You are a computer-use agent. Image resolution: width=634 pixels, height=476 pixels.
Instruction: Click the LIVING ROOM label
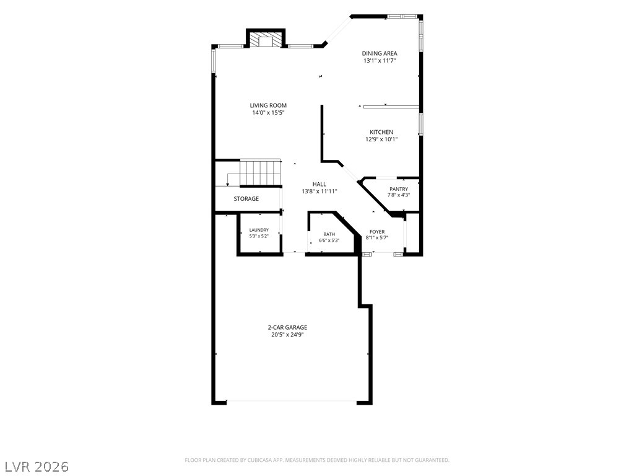[268, 105]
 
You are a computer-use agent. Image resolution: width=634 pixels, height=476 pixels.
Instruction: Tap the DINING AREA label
[380, 53]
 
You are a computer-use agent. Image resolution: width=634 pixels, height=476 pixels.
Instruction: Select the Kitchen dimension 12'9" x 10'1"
[381, 139]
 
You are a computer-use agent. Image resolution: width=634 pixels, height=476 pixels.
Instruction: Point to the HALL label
[319, 184]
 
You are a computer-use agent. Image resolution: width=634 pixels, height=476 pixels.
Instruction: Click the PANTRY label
[399, 189]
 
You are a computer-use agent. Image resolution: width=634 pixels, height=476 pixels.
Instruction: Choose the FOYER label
[377, 232]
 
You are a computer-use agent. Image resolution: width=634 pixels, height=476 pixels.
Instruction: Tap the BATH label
[329, 234]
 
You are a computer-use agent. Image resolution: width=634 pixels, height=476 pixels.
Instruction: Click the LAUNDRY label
[259, 230]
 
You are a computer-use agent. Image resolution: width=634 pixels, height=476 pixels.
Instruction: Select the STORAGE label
[246, 199]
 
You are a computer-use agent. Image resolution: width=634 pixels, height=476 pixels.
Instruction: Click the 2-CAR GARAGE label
[287, 327]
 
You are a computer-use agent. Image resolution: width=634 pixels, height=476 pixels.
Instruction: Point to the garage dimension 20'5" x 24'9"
[287, 335]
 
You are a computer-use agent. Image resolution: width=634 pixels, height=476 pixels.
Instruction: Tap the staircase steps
[261, 172]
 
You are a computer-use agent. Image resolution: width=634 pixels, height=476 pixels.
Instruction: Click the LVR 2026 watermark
[35, 467]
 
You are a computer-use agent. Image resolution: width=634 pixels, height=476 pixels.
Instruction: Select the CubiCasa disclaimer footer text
[317, 461]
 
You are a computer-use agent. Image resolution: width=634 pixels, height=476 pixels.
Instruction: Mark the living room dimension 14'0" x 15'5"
[269, 113]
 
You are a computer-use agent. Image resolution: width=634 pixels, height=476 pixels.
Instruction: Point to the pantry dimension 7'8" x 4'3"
[399, 195]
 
